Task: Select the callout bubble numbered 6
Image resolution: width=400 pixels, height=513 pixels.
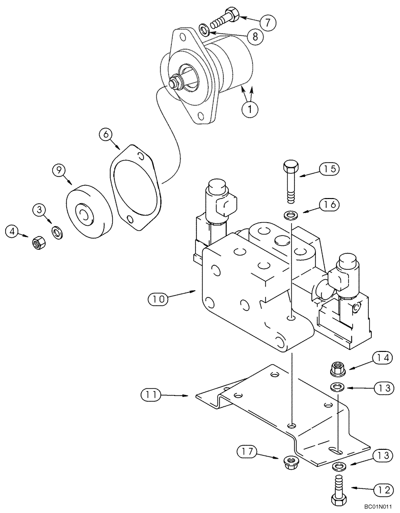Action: [x=106, y=135]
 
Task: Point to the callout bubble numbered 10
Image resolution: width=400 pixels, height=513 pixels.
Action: [x=158, y=297]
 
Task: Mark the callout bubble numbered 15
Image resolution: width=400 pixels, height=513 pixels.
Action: [x=330, y=168]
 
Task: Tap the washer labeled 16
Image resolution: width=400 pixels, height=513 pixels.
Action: [x=291, y=214]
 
